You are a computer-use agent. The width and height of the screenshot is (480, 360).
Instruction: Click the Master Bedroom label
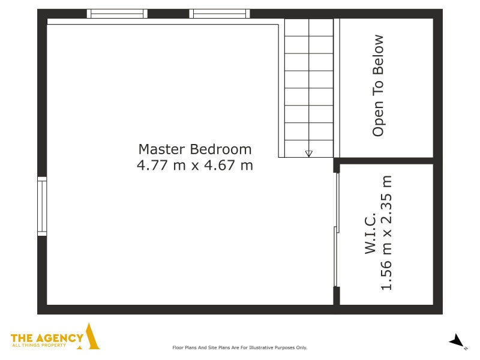click(x=195, y=149)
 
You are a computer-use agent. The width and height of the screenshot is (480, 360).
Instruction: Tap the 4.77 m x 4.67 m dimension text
click(x=195, y=165)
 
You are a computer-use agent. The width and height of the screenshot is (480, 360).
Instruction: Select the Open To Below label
click(x=378, y=86)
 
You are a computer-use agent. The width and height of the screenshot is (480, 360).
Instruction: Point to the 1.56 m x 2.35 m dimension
click(x=386, y=233)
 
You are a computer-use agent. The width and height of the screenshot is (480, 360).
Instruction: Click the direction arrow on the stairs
click(x=309, y=154)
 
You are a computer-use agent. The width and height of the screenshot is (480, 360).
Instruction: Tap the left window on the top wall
click(x=117, y=14)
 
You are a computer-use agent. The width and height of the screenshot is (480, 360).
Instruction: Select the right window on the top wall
click(x=220, y=14)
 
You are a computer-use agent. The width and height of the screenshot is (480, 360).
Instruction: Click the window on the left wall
click(x=42, y=206)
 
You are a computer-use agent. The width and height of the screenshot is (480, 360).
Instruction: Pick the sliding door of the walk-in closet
click(x=337, y=230)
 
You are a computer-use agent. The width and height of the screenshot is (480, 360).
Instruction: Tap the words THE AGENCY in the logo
click(x=47, y=338)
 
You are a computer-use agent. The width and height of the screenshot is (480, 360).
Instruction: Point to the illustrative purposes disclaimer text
click(x=239, y=347)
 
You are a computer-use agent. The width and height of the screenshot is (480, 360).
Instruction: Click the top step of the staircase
click(x=309, y=27)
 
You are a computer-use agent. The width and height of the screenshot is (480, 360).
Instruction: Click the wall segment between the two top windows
click(x=169, y=14)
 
